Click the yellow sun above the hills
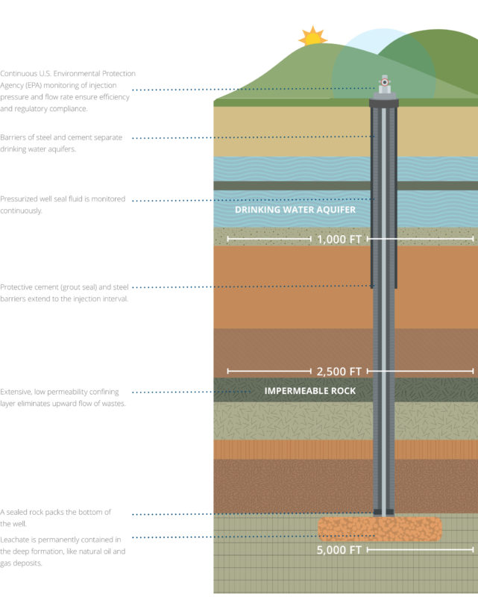point(312,37)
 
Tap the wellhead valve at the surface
point(384,84)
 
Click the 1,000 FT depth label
point(339,240)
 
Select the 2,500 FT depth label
point(339,371)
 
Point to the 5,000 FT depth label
point(339,551)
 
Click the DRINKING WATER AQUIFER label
point(295,210)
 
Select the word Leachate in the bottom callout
point(17,538)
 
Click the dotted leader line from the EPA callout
point(254,90)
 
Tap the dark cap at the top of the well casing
point(384,102)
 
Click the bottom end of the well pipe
point(384,512)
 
